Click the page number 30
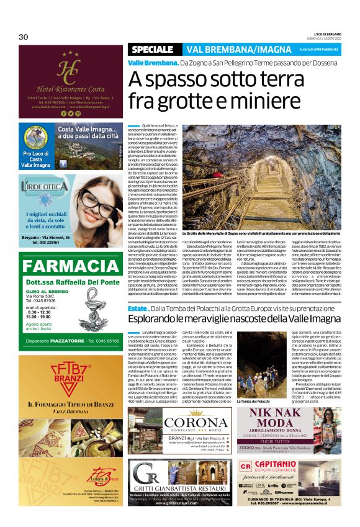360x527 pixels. click(x=24, y=37)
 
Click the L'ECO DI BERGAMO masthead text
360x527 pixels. click(x=323, y=34)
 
